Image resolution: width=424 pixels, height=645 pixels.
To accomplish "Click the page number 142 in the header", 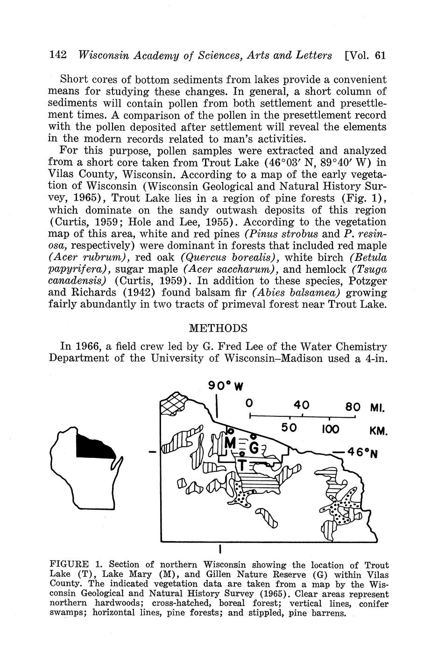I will (58, 55).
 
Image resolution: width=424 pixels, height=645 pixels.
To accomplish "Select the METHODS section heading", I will (218, 328).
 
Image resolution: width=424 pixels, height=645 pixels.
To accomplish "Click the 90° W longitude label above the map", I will (226, 386).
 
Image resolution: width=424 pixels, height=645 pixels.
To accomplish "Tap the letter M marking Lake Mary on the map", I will (231, 442).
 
